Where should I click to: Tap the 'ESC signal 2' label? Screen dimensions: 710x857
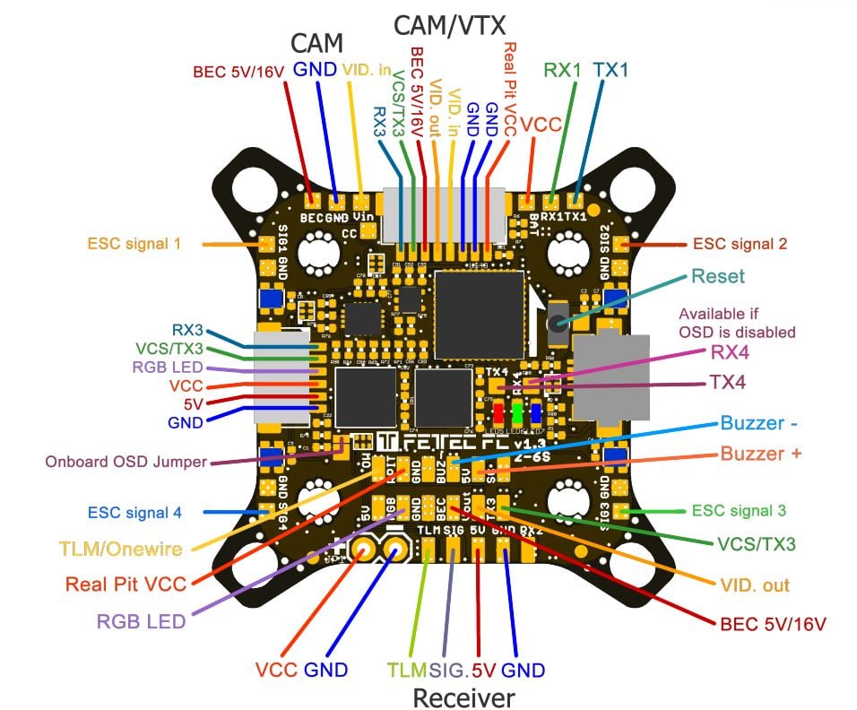739,243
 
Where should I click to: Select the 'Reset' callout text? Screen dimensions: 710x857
717,276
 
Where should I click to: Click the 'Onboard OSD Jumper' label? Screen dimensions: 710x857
126,462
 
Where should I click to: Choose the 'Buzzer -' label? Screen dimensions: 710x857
759,424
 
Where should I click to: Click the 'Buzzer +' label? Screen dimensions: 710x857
760,455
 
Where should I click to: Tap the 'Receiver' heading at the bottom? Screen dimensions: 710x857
463,697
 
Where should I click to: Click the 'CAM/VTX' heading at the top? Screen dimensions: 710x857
450,25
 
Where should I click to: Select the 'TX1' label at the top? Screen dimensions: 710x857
610,69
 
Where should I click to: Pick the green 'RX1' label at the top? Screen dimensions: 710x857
562,69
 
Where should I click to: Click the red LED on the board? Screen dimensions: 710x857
498,412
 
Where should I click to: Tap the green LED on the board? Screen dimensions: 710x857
517,412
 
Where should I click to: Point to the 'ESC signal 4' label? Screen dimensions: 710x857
134,513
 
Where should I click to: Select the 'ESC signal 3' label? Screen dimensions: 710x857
739,511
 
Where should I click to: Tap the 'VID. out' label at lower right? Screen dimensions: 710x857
755,585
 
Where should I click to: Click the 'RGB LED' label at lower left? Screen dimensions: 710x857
140,621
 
